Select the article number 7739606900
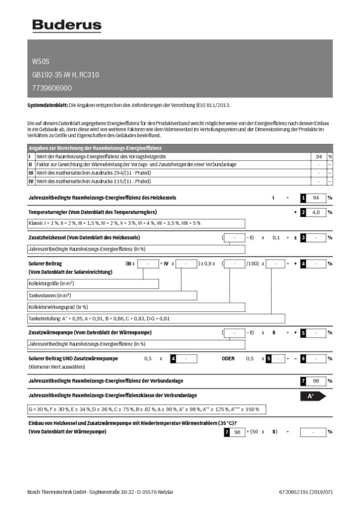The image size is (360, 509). tap(52, 88)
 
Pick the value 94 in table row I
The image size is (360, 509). tap(319, 156)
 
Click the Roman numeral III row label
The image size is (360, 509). tap(31, 172)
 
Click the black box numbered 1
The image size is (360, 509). tap(304, 197)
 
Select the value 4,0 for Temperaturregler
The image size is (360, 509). tap(319, 212)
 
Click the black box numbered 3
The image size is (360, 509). tap(304, 237)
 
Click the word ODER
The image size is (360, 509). tap(228, 358)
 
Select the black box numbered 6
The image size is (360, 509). tap(304, 358)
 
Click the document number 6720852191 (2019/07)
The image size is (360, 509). tap(305, 492)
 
